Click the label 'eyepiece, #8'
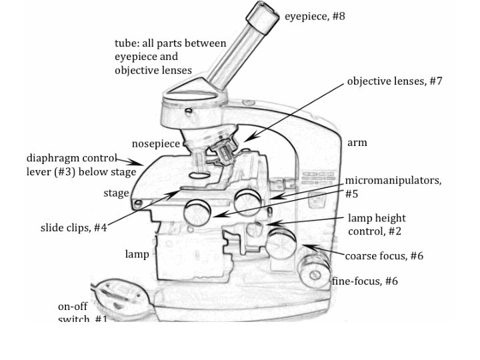[x=315, y=15]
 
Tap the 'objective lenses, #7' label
[x=394, y=81]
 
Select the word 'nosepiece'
[x=155, y=143]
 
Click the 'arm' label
[x=357, y=143]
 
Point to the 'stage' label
[x=116, y=193]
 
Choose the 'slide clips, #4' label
[x=73, y=228]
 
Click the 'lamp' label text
[x=137, y=254]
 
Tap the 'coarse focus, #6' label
[x=383, y=256]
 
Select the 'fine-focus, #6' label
[x=365, y=281]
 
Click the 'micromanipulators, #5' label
[x=392, y=187]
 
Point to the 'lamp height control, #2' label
[x=377, y=225]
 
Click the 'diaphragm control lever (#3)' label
[x=81, y=165]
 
